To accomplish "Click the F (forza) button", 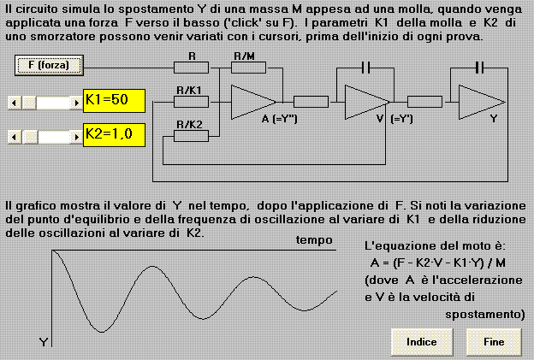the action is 49,65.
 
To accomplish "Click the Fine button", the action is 494,342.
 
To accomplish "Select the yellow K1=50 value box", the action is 114,101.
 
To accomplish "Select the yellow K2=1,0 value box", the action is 114,135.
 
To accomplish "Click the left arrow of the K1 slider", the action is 15,103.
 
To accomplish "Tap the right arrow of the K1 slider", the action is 76,103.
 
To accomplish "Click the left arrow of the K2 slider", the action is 15,137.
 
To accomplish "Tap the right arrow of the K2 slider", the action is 76,137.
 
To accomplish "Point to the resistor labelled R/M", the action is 249,68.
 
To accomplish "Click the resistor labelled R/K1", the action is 191,102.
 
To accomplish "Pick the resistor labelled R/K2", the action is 191,136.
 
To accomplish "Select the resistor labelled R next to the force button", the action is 191,68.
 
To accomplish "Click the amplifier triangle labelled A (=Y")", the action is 250,102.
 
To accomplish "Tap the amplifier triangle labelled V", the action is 365,102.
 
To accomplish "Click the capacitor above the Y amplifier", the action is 479,68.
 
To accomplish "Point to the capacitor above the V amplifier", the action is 365,68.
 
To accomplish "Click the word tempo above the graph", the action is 314,240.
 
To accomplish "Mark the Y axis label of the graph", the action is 44,342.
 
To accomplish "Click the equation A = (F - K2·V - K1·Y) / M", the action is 438,263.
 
